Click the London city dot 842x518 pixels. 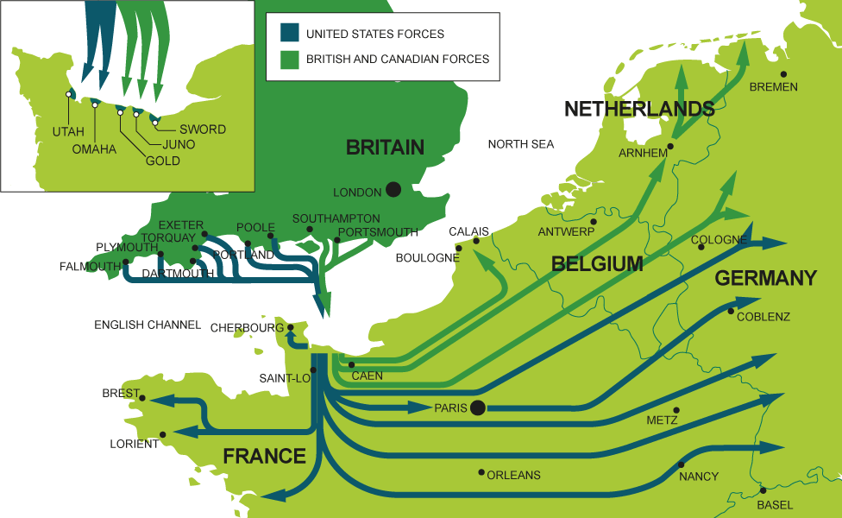[393, 189]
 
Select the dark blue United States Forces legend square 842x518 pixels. [289, 34]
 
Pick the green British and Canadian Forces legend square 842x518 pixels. [289, 59]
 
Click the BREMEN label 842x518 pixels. [773, 87]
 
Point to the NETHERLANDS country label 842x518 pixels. [639, 109]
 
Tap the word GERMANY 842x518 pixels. [765, 278]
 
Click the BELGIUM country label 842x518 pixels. [598, 264]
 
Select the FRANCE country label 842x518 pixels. [265, 457]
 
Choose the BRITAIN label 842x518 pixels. [385, 148]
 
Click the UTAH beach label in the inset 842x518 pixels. [68, 132]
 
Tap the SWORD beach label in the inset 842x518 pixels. [203, 129]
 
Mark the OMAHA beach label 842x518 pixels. [94, 149]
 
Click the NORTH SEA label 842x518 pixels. [521, 144]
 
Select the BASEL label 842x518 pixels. [775, 505]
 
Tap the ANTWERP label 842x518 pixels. [567, 232]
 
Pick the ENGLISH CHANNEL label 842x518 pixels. [148, 325]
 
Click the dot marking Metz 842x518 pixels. [676, 410]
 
